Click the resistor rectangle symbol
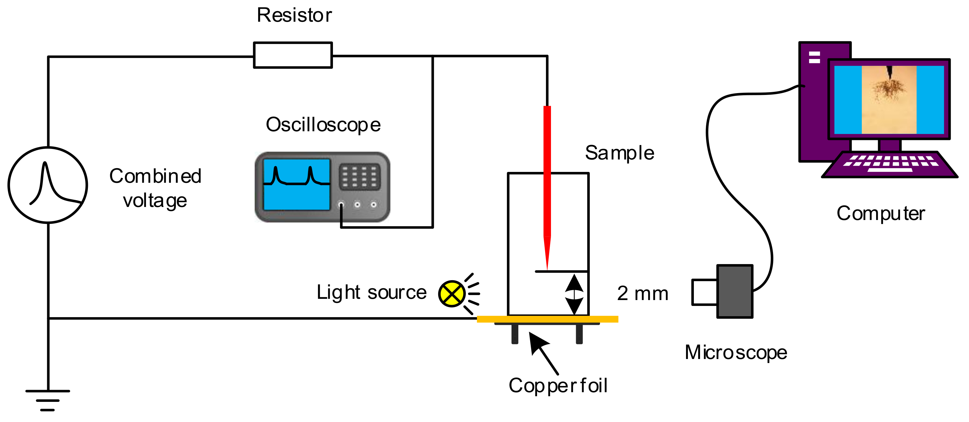(293, 55)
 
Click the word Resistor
(294, 16)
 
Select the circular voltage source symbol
(48, 185)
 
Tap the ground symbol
(48, 400)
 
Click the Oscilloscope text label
(323, 125)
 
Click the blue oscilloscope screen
(296, 184)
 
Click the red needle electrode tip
(547, 259)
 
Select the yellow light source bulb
(451, 294)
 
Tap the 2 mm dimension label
(643, 294)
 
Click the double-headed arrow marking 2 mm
(574, 294)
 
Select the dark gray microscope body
(734, 291)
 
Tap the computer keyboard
(889, 164)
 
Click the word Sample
(620, 153)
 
